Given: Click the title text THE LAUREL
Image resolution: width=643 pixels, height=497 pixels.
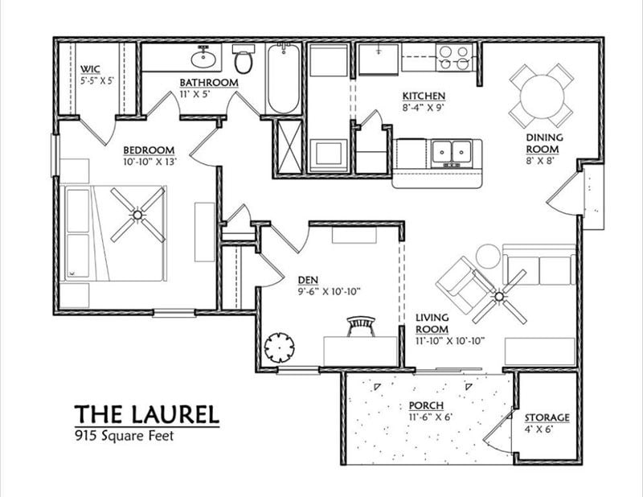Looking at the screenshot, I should pyautogui.click(x=146, y=415).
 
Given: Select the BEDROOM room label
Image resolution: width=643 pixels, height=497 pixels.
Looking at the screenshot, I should pyautogui.click(x=149, y=150).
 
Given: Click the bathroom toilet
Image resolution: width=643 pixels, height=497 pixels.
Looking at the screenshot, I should pyautogui.click(x=244, y=60).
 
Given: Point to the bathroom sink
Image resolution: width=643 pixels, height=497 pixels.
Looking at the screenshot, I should pyautogui.click(x=205, y=58).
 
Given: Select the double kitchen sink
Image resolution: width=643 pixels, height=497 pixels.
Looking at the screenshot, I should pyautogui.click(x=451, y=150).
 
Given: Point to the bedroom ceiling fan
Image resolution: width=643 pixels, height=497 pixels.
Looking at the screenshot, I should pyautogui.click(x=137, y=214).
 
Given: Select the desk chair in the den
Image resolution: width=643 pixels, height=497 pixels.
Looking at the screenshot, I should pyautogui.click(x=361, y=326).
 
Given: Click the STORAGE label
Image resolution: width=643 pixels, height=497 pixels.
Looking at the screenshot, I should pyautogui.click(x=547, y=418).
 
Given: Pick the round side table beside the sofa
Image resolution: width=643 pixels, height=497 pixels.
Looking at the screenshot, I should pyautogui.click(x=488, y=257).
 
